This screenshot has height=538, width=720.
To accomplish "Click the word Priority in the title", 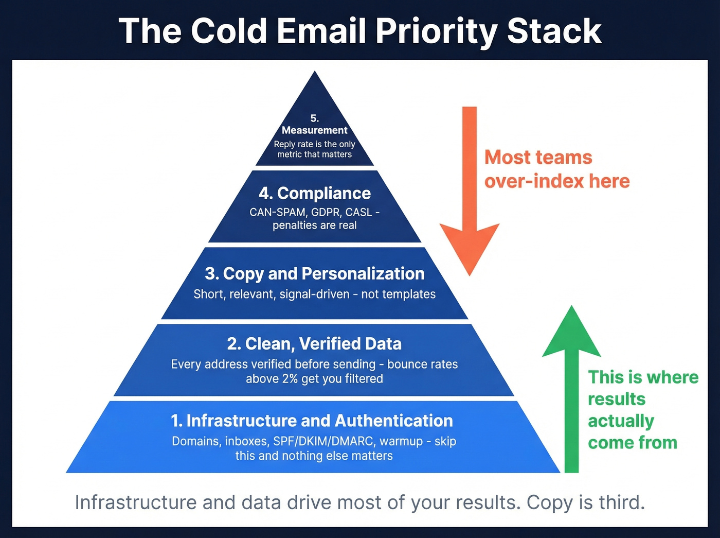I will [x=436, y=31].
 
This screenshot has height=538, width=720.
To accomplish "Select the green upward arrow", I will [x=571, y=391].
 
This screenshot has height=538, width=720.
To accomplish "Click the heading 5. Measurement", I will [x=314, y=125].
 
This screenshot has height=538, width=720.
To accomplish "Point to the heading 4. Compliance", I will [x=314, y=193].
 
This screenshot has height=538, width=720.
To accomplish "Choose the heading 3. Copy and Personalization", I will [x=314, y=273].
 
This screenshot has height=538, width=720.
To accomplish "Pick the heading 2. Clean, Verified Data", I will [x=314, y=343].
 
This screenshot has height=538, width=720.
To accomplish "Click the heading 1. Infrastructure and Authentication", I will [x=312, y=421].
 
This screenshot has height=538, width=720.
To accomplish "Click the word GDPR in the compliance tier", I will [x=325, y=212].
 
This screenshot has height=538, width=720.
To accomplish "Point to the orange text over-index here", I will [x=556, y=181].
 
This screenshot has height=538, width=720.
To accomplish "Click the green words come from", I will [x=632, y=443].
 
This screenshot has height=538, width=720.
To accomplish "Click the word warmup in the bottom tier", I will [x=401, y=441].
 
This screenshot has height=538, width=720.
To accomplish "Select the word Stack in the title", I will [x=554, y=31].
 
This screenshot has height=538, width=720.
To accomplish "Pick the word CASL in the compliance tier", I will [x=358, y=212].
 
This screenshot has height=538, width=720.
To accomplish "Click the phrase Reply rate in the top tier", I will [x=292, y=144].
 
